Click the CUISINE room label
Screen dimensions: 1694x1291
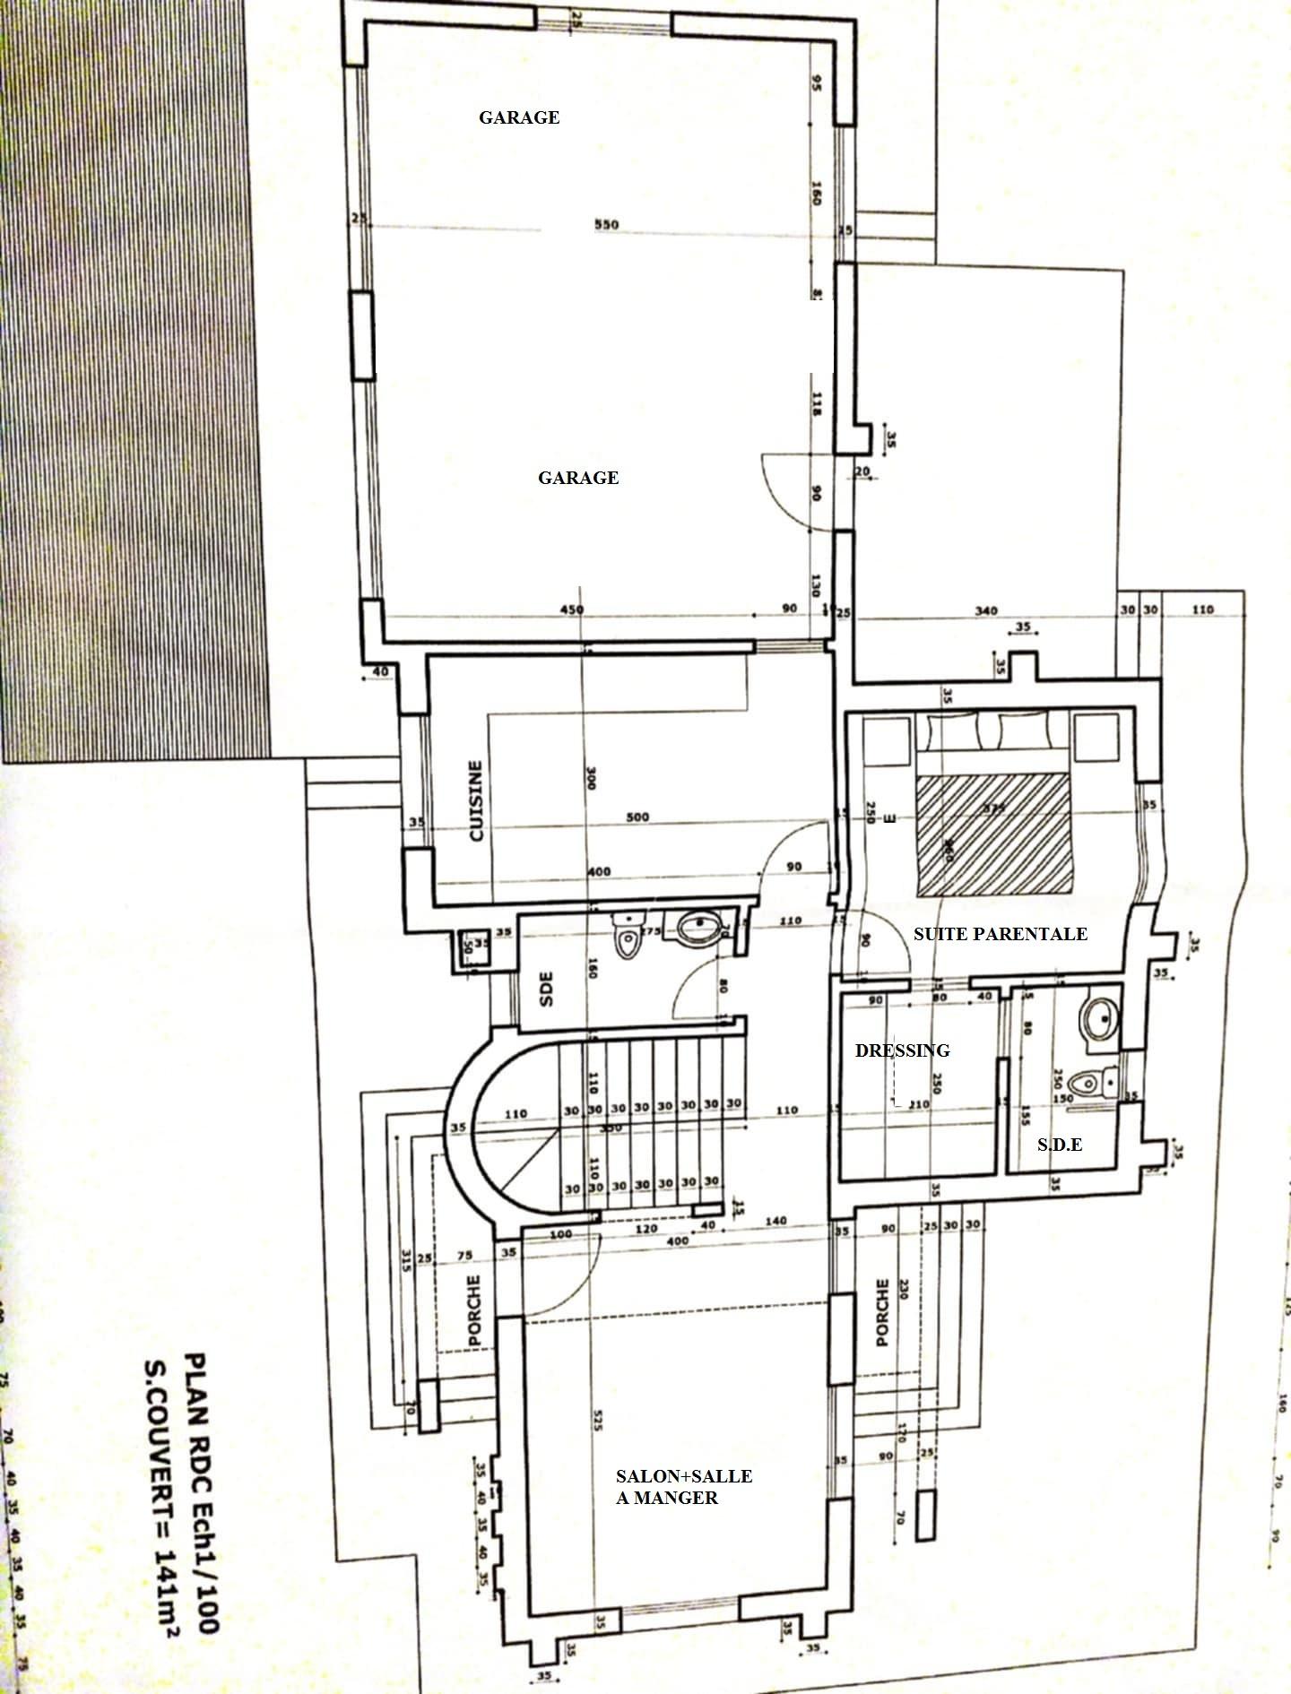coord(476,800)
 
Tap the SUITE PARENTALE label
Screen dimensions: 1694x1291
coord(1000,934)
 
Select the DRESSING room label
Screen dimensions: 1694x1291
coord(902,1050)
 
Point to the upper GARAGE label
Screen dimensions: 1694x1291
coord(519,117)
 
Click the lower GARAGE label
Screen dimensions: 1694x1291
coord(578,478)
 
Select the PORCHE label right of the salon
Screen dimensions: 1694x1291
coord(883,1312)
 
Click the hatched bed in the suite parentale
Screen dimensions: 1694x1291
coord(995,834)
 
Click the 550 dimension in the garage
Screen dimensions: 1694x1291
coord(607,224)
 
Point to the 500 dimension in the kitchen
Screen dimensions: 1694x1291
coord(637,817)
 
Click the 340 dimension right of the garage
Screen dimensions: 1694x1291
coord(985,610)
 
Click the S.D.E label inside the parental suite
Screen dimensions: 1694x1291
coord(1059,1145)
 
